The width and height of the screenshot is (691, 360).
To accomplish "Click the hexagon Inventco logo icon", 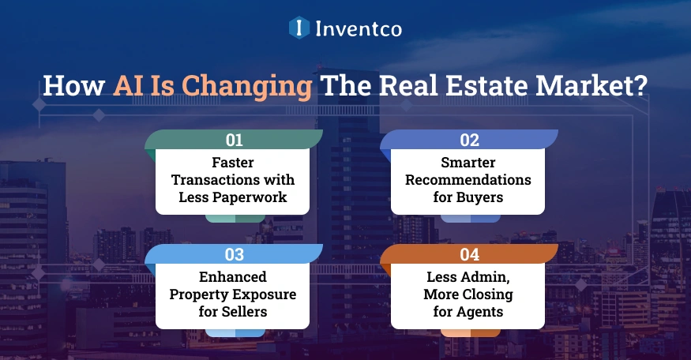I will point(299,29).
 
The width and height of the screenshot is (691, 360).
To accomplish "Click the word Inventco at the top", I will point(359,30).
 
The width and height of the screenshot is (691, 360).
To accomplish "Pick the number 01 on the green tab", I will point(235,141).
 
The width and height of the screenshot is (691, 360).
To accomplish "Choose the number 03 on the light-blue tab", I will point(235,254).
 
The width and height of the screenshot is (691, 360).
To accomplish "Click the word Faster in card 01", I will point(235,162).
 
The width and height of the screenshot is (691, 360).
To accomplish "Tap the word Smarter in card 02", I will point(468,162).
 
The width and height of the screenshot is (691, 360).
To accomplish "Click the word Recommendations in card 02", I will point(468,179).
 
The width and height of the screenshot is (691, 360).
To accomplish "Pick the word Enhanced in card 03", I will point(235,276).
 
